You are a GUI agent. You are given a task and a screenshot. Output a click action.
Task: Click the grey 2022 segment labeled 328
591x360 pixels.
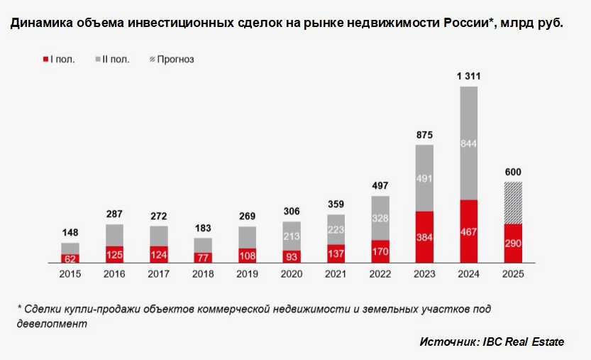click(x=380, y=218)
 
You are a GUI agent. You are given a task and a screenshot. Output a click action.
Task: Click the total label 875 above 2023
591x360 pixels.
click(x=424, y=134)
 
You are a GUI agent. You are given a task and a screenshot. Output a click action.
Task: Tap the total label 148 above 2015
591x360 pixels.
click(x=70, y=232)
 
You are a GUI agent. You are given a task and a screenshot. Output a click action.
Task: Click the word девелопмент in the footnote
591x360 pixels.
click(x=52, y=323)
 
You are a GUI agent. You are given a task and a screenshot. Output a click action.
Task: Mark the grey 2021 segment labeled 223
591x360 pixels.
click(x=336, y=229)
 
